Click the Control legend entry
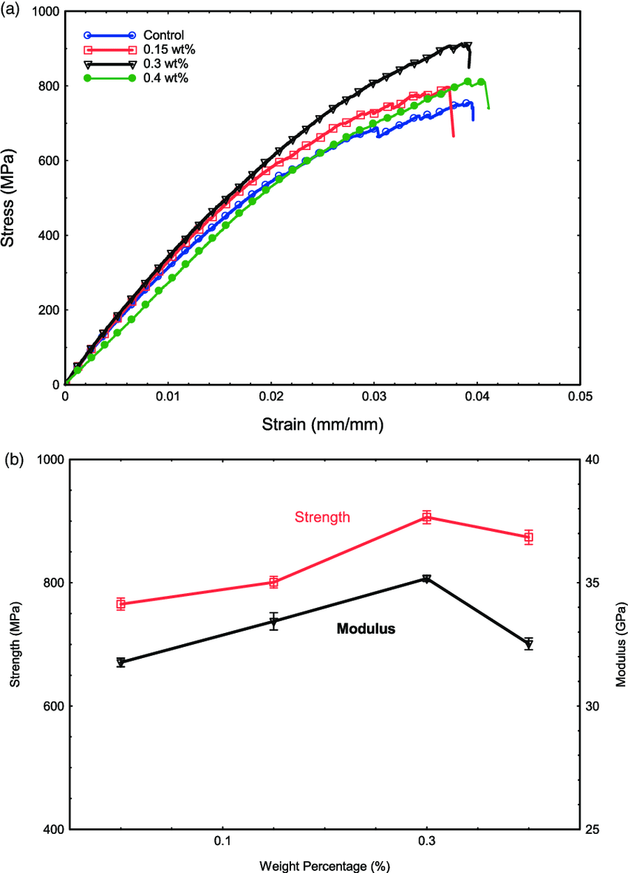(x=163, y=35)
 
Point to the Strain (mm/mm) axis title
(x=322, y=425)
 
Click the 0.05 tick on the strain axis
(x=580, y=397)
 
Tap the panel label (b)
(x=13, y=460)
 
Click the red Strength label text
(x=322, y=517)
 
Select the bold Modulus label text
(x=366, y=629)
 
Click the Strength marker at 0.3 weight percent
(x=426, y=517)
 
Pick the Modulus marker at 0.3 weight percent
(x=426, y=578)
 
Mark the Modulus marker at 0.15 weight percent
(x=273, y=621)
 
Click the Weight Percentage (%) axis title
(x=324, y=865)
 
